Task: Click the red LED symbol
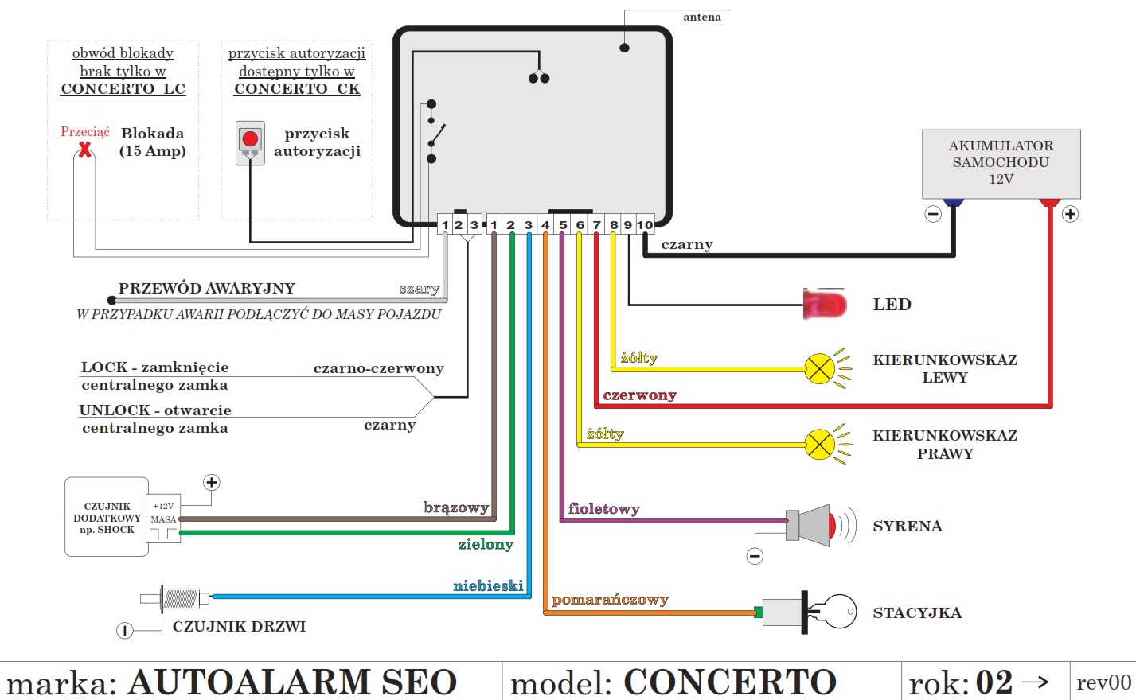[825, 305]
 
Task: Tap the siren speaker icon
[812, 526]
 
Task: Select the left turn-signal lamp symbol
[820, 368]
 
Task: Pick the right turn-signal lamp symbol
[820, 444]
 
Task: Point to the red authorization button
[250, 140]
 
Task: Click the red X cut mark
[84, 148]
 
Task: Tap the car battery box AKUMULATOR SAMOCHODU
[1001, 163]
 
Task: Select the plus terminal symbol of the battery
[1070, 214]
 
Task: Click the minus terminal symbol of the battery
[933, 214]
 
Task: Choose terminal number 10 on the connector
[645, 225]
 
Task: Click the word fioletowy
[603, 509]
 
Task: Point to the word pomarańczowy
[610, 600]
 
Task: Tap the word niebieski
[488, 586]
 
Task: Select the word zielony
[486, 544]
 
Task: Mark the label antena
[701, 17]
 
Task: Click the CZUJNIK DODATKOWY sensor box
[107, 517]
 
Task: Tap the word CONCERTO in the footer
[729, 682]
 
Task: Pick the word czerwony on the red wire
[639, 395]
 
